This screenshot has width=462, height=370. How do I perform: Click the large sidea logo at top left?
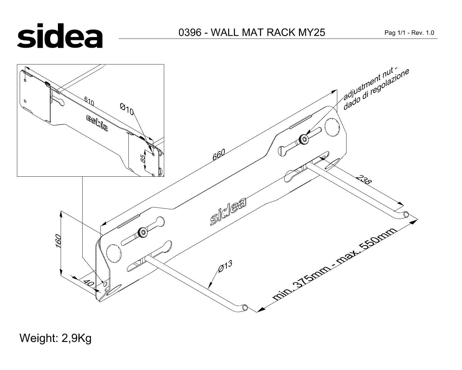pos(60,36)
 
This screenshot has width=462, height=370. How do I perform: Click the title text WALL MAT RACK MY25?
pos(268,32)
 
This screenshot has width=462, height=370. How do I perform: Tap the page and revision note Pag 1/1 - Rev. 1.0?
pos(409,33)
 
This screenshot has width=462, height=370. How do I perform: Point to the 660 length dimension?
pos(219,154)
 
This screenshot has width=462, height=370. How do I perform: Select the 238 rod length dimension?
pos(363,180)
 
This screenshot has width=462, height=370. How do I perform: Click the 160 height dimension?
pos(59,241)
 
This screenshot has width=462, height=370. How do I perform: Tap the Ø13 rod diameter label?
pos(225,266)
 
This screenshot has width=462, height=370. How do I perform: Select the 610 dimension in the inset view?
pos(89,101)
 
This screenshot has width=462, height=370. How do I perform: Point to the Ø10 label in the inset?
pos(127,109)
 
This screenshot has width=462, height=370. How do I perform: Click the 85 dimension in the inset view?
pos(143,159)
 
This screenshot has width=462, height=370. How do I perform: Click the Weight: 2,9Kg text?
pos(56,338)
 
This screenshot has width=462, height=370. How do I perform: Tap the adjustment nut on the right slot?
pos(304,139)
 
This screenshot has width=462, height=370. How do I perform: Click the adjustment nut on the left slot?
pos(143,232)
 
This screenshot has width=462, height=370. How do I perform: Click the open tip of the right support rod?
pos(406,214)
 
